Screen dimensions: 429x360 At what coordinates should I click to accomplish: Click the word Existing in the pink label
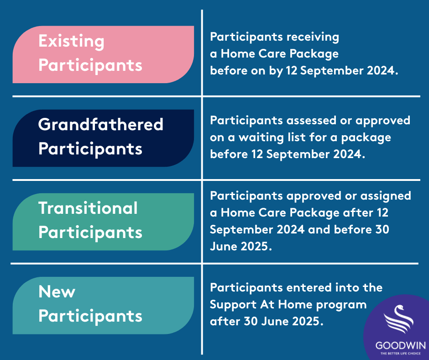[x=71, y=42]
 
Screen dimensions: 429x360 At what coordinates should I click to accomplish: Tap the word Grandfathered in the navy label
[x=101, y=124]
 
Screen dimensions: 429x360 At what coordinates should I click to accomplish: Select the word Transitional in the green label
[x=88, y=208]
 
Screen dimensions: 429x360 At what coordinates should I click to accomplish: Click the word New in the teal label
[x=57, y=291]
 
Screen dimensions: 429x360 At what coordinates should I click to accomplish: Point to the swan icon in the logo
[x=398, y=319]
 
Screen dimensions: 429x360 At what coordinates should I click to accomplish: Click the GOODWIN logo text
[x=401, y=345]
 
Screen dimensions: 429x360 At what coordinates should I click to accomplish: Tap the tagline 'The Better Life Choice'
[x=401, y=354]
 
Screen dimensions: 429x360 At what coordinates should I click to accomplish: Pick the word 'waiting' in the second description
[x=261, y=138]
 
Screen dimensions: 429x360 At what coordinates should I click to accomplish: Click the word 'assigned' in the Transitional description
[x=386, y=196]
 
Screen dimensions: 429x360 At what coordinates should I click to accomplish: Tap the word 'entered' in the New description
[x=309, y=288]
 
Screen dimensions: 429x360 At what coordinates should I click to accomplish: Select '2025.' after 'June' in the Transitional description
[x=256, y=246]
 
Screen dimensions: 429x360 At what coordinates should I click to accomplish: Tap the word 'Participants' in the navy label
[x=90, y=149]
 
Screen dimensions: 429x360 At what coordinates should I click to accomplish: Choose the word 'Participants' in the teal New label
[x=90, y=317]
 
